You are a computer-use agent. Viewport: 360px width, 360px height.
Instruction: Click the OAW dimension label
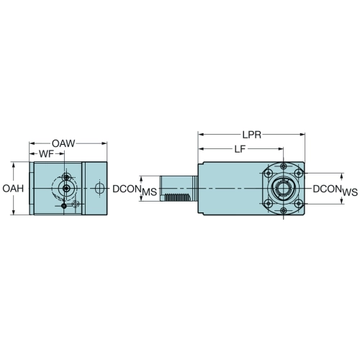coord(63,143)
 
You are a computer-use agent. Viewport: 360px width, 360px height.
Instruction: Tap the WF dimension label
coord(46,154)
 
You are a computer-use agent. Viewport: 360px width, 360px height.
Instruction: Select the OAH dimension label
coord(13,189)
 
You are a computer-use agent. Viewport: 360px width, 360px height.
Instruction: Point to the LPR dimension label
coord(252,135)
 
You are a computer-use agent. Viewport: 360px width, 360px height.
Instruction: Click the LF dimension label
coord(240,149)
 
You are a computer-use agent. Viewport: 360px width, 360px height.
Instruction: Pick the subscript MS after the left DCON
coord(150,192)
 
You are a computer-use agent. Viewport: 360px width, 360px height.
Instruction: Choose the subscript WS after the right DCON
coord(350,192)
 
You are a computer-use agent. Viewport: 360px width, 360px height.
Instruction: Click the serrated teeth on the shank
coord(177,197)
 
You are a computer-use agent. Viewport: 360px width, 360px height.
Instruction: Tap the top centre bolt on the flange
coord(284,166)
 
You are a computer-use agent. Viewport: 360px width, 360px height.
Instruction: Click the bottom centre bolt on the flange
coord(284,211)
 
